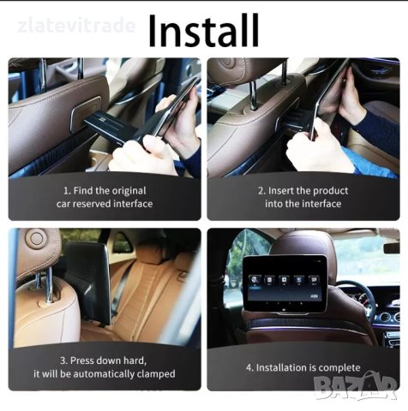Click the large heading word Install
[x=204, y=31]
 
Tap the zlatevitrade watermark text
[x=76, y=26]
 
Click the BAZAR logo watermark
[x=355, y=385]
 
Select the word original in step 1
[x=129, y=191]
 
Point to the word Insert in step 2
[x=281, y=191]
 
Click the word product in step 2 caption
[x=332, y=191]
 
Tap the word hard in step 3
[x=135, y=360]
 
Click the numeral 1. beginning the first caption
[x=67, y=191]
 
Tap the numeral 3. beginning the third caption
[x=63, y=360]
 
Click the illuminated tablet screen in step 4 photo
[x=285, y=286]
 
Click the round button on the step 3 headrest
[x=36, y=239]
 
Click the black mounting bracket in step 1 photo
[x=111, y=127]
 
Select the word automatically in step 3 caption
[x=104, y=374]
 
